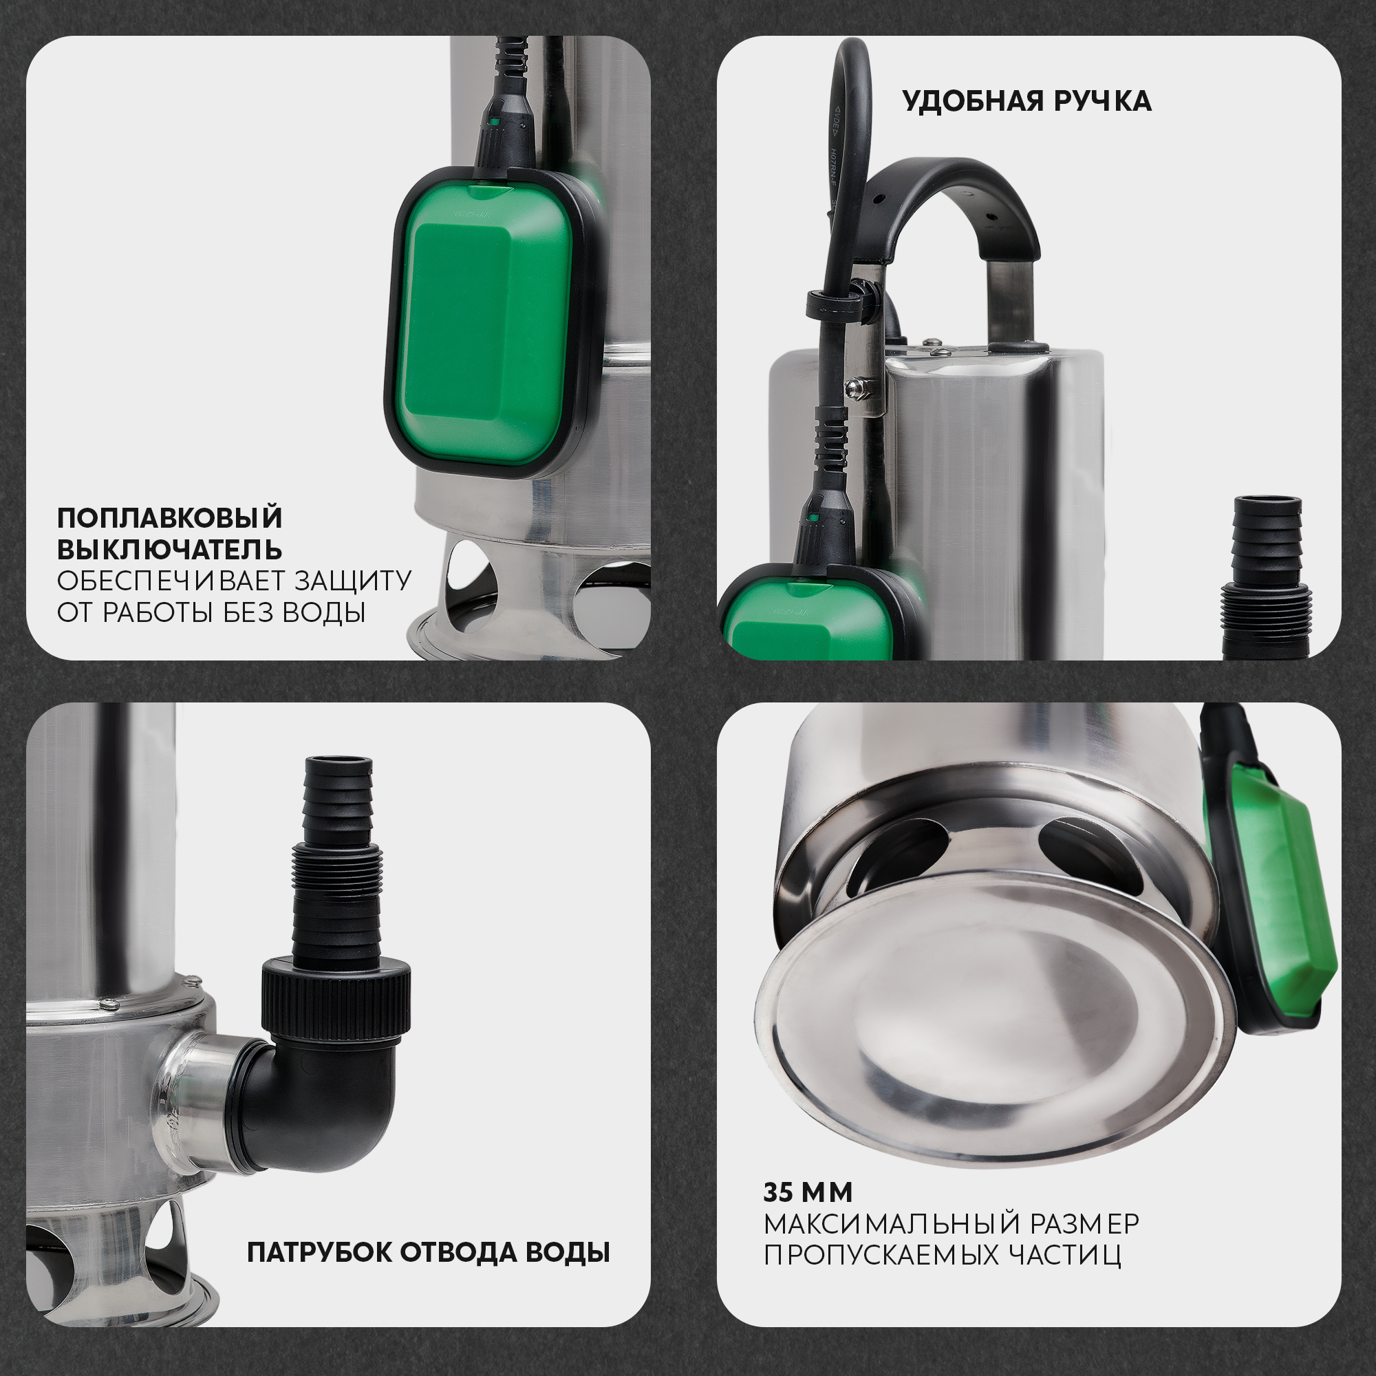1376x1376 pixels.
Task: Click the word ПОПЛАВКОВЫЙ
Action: coord(169,518)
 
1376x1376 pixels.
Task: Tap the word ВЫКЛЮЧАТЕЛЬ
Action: coord(169,550)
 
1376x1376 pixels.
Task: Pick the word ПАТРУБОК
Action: coord(320,1252)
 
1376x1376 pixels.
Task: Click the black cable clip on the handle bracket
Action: coord(841,305)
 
